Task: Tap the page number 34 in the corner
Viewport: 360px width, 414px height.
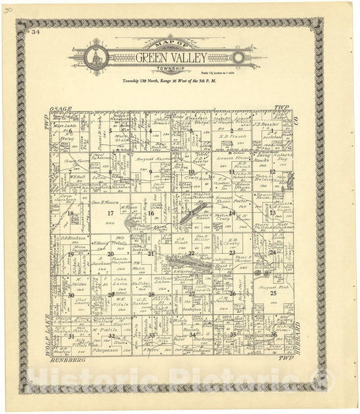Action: (34, 31)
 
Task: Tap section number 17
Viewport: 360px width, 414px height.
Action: (111, 213)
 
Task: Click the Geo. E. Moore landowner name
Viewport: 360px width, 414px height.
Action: (106, 202)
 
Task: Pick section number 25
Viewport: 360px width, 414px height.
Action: (273, 294)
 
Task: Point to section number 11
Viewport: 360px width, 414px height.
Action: (231, 172)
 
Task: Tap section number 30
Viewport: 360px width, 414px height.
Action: (70, 295)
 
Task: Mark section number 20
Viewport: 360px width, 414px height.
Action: (111, 254)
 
